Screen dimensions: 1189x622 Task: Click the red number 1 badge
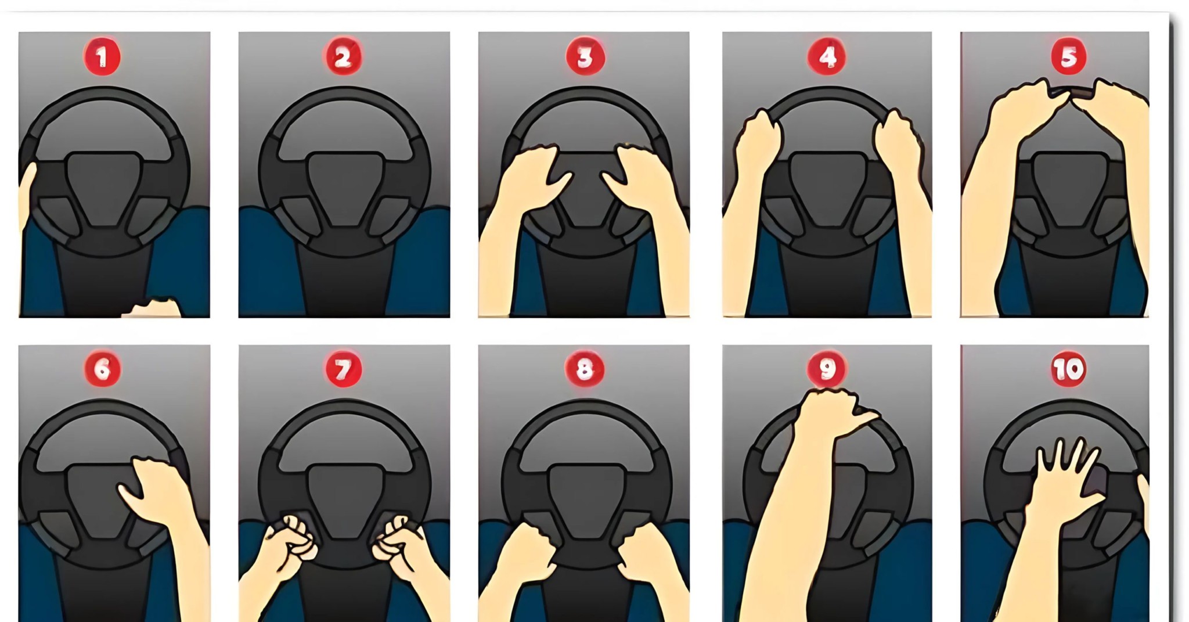coord(102,56)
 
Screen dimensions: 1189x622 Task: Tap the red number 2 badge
coord(343,56)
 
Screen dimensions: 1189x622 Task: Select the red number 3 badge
coord(585,56)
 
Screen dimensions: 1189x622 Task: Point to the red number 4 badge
coord(827,56)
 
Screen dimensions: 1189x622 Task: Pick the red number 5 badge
coord(1069,56)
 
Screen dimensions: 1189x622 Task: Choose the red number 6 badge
coord(102,369)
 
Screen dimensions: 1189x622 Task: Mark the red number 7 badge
coord(343,369)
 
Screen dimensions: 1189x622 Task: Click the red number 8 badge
coord(585,369)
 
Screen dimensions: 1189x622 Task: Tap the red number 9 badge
coord(827,369)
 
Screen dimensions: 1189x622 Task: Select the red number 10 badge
coord(1069,369)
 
